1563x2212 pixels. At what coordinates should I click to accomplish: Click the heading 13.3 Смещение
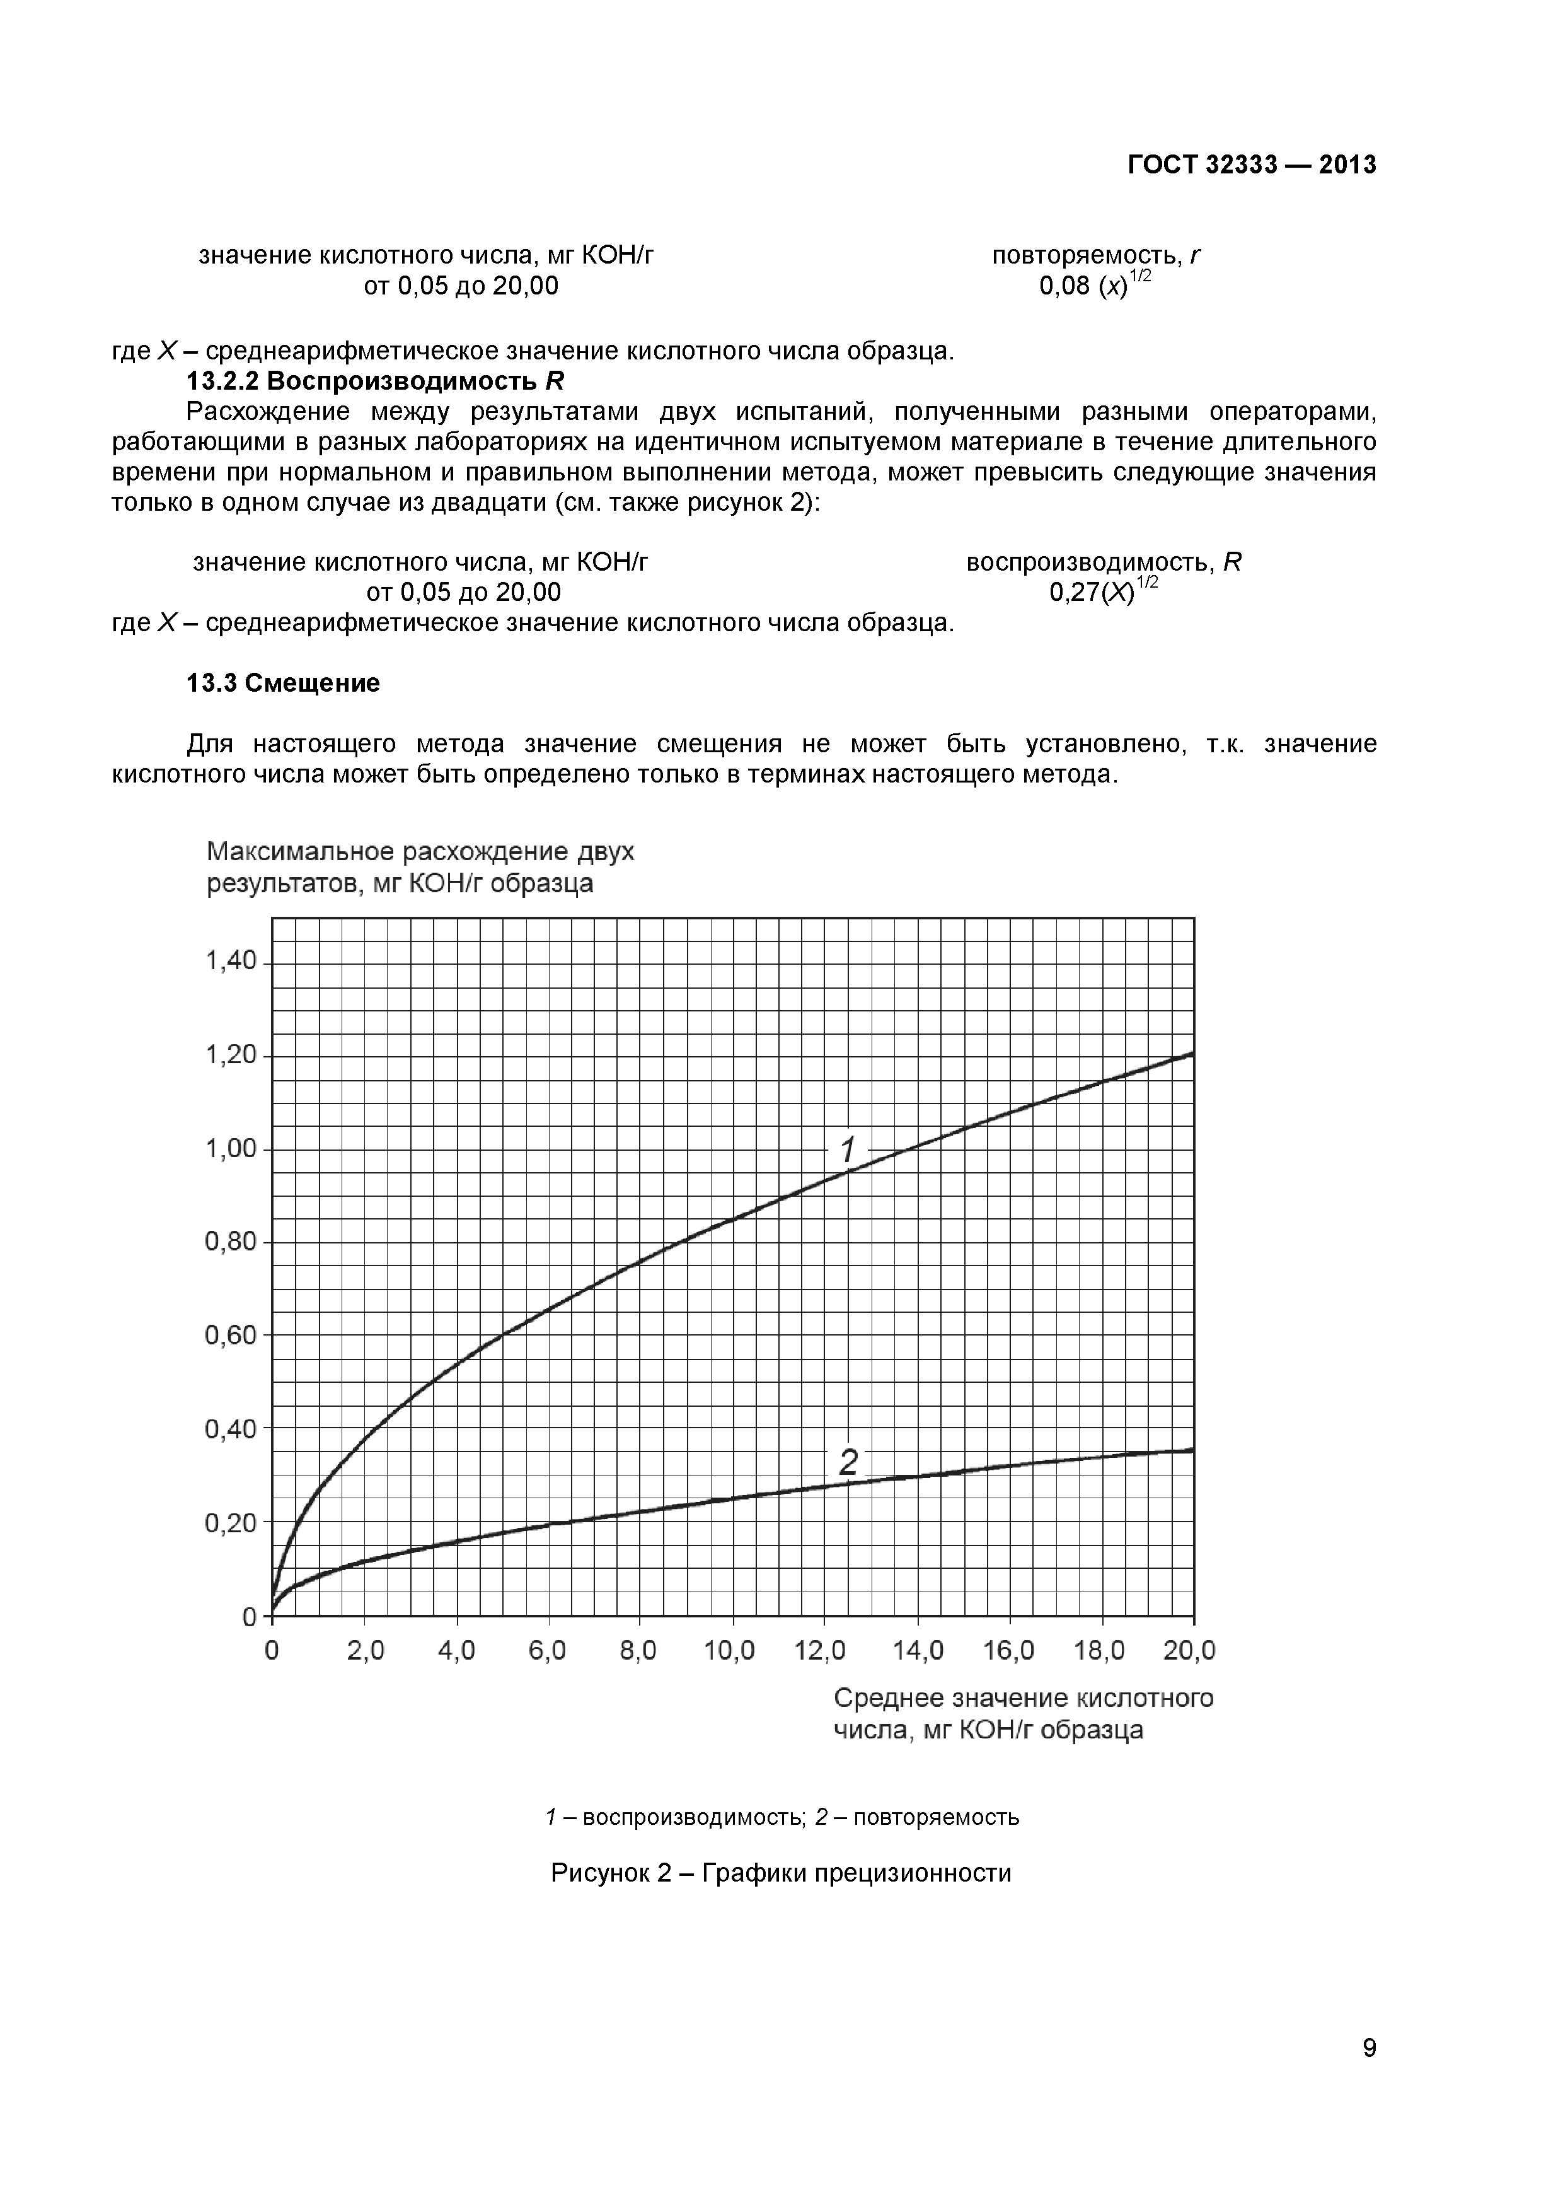coord(282,683)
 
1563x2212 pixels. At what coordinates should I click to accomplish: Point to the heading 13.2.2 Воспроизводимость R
coord(374,381)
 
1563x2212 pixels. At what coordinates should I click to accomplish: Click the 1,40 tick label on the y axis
coord(231,960)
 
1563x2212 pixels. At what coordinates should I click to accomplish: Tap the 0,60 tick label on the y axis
coord(231,1336)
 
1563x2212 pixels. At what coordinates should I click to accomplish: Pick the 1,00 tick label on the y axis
coord(231,1148)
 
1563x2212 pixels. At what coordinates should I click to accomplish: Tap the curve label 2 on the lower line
coord(848,1462)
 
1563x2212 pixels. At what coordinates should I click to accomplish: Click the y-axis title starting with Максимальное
coord(421,867)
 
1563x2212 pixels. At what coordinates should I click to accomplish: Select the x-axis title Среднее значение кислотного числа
coord(1023,1713)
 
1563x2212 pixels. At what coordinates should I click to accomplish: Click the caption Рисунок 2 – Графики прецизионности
coord(781,1873)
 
